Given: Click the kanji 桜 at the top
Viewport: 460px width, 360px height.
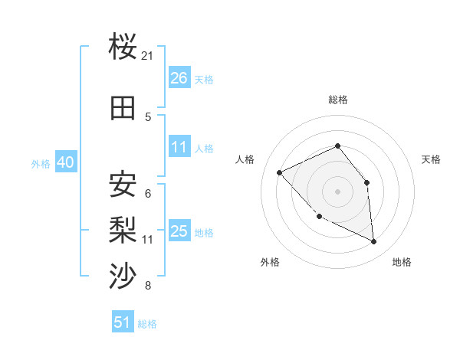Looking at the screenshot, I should [x=123, y=47].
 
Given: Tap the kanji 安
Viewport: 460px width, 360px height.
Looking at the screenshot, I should [x=123, y=184].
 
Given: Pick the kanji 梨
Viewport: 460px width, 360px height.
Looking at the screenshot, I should [x=123, y=229].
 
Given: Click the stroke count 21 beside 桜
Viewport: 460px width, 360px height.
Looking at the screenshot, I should [x=148, y=56].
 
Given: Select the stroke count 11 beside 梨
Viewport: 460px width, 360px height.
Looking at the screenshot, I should [x=148, y=240].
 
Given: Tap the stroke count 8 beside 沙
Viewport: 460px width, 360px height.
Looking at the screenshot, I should [x=148, y=286].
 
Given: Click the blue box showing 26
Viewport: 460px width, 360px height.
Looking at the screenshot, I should [x=179, y=77].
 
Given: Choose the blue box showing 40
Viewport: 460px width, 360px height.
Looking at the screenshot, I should [x=65, y=162].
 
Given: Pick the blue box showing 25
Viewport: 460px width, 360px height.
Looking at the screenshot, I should [x=179, y=231].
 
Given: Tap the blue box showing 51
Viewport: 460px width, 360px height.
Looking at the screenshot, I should [x=123, y=322].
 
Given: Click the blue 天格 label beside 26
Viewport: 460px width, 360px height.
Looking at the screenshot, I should [x=204, y=79].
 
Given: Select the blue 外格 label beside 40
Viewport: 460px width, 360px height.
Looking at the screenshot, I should [x=41, y=164].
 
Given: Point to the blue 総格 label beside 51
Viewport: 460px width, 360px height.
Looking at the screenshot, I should [x=147, y=324].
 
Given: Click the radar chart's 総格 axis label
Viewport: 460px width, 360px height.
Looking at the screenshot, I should [x=337, y=100].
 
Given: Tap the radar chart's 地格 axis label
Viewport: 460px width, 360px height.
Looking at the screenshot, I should [x=402, y=262].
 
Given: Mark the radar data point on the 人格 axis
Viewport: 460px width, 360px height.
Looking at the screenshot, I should [x=280, y=172].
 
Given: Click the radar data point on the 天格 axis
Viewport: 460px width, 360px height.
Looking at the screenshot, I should [x=366, y=182].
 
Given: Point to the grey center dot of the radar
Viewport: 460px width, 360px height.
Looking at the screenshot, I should [x=337, y=191].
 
